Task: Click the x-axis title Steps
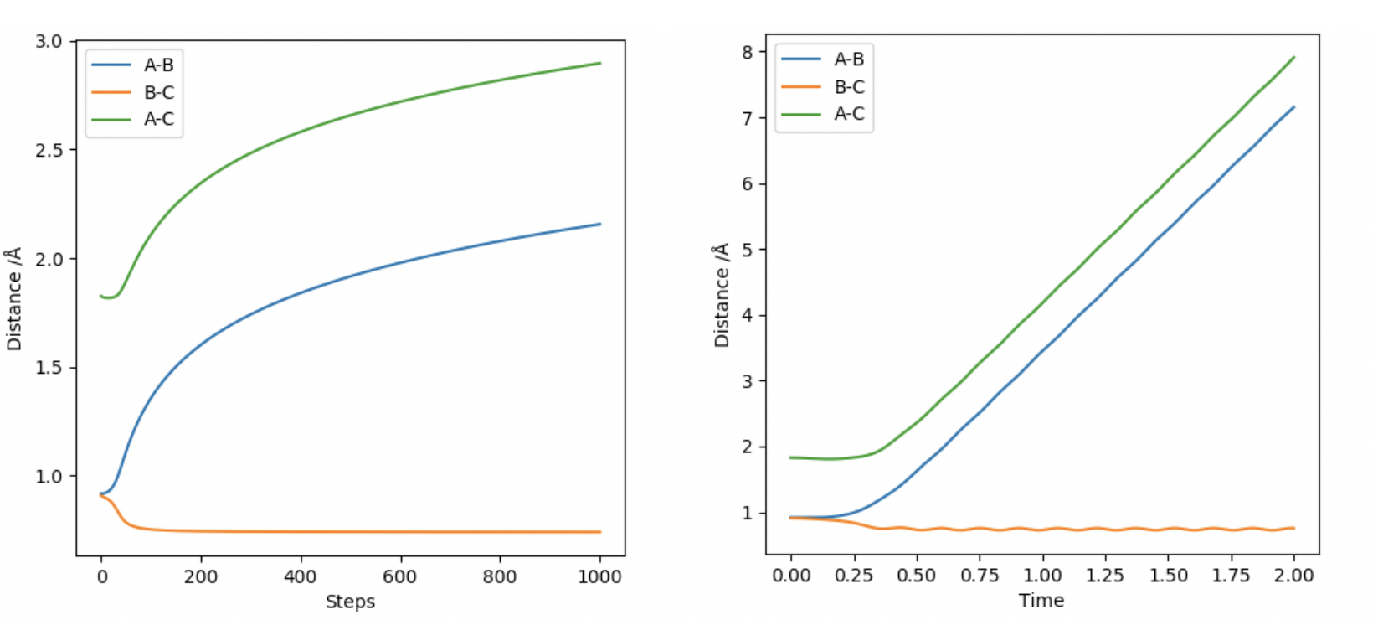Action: (x=350, y=602)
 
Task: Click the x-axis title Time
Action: (x=1041, y=601)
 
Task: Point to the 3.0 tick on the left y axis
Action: (x=49, y=41)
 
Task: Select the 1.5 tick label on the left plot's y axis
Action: (x=49, y=368)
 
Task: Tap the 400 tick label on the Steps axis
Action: (x=300, y=576)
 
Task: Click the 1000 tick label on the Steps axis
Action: (x=599, y=576)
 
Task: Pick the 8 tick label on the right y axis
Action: (x=747, y=52)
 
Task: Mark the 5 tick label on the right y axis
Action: (x=747, y=250)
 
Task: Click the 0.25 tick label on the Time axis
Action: (x=854, y=576)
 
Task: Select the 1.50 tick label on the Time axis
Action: (x=1168, y=576)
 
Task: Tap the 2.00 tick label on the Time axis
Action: (x=1293, y=576)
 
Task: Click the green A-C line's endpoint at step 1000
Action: (x=600, y=63)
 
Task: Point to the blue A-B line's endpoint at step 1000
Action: (x=600, y=224)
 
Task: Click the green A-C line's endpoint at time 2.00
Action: (x=1294, y=57)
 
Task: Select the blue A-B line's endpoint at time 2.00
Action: (x=1294, y=106)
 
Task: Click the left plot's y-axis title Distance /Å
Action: (x=13, y=299)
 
